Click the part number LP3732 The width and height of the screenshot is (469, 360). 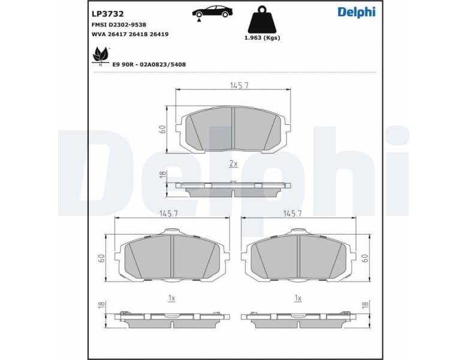pyautogui.click(x=107, y=13)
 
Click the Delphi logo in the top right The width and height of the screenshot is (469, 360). pyautogui.click(x=356, y=12)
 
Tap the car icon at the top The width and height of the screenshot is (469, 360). pyautogui.click(x=214, y=13)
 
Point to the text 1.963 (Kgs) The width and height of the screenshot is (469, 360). pyautogui.click(x=262, y=38)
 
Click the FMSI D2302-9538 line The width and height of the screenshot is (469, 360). pyautogui.click(x=119, y=25)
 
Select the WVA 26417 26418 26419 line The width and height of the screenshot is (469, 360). pyautogui.click(x=130, y=34)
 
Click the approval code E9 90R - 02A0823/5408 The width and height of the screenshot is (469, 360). pyautogui.click(x=149, y=64)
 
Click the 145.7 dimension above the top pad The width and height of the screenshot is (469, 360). pyautogui.click(x=239, y=86)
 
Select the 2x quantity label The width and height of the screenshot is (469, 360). pyautogui.click(x=233, y=163)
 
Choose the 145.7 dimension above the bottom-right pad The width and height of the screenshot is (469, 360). pyautogui.click(x=292, y=213)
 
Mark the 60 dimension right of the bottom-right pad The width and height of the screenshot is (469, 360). pyautogui.click(x=365, y=257)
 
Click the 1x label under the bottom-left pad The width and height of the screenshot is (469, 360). pyautogui.click(x=171, y=298)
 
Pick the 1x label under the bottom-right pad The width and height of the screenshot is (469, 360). pyautogui.click(x=297, y=298)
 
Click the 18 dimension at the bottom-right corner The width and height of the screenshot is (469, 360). pyautogui.click(x=365, y=305)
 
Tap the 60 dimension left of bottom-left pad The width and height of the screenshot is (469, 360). pyautogui.click(x=102, y=257)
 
